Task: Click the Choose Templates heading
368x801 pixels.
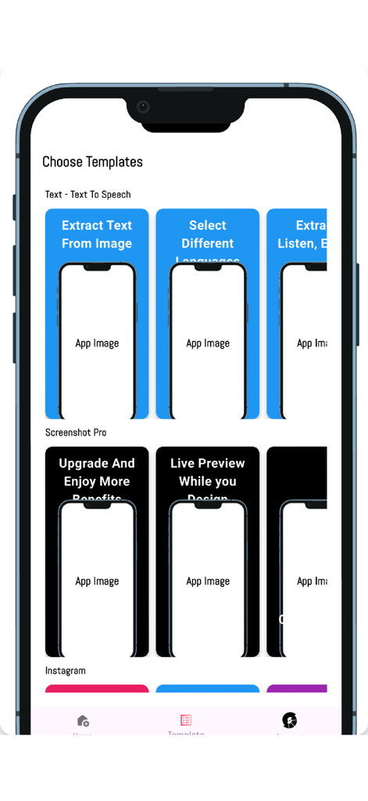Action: click(x=92, y=162)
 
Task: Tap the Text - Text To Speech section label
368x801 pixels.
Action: click(x=88, y=195)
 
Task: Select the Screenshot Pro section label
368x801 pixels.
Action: click(x=76, y=433)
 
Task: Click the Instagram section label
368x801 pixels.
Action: click(x=66, y=670)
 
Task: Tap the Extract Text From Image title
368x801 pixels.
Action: click(x=97, y=235)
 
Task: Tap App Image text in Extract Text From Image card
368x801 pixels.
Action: click(x=97, y=343)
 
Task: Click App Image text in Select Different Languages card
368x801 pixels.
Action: click(x=208, y=343)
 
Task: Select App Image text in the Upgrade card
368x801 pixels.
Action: click(x=97, y=581)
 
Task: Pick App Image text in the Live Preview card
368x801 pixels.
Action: click(x=208, y=581)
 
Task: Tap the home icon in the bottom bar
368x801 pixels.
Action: click(x=83, y=720)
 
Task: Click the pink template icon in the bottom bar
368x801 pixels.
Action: click(x=186, y=720)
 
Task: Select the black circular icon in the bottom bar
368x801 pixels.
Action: click(x=290, y=720)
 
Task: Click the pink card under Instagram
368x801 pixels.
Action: click(x=97, y=689)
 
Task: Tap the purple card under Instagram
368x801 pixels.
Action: click(x=296, y=689)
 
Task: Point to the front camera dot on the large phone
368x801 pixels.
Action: click(x=143, y=107)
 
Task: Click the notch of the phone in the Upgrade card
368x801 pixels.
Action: click(x=97, y=505)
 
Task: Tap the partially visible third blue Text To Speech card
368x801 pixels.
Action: click(x=297, y=313)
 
